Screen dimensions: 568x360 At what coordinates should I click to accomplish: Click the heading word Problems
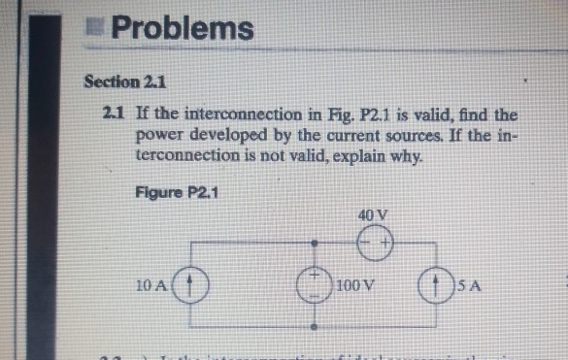point(182,29)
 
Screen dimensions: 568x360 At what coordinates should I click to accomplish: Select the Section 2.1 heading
point(118,80)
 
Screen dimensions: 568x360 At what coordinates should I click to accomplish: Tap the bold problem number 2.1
point(112,115)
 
